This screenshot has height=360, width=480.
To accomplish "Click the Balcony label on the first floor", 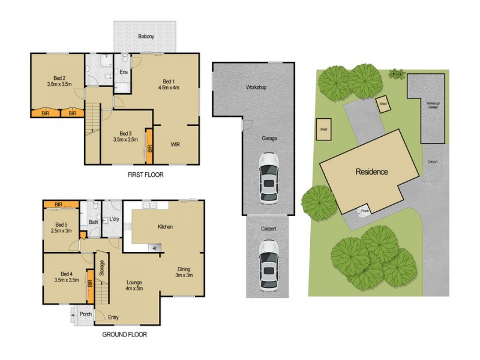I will point(146,37).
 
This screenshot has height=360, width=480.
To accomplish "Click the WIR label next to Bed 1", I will point(176,144).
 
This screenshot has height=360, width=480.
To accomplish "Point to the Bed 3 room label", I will point(125,133).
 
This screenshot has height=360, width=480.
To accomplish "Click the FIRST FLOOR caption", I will point(145,175).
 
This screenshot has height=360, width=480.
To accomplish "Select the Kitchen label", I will point(165,227).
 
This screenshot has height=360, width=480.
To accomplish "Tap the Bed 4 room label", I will point(66,274).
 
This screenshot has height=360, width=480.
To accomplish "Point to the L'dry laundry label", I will point(114,220).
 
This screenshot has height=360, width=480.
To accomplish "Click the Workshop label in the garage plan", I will point(256,88).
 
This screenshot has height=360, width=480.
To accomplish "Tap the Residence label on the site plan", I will point(372,172).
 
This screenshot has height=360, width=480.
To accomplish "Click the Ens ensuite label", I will point(123,73).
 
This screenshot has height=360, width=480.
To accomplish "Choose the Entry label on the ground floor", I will point(113,317).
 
